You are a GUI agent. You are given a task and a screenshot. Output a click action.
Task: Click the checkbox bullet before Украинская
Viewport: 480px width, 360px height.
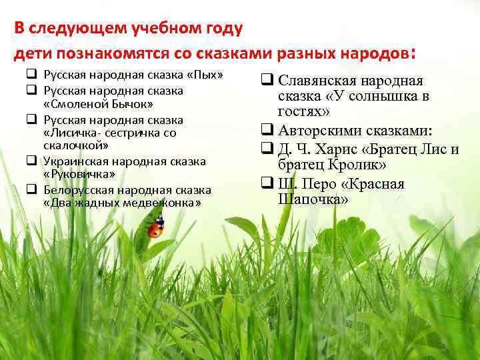(x=31, y=161)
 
